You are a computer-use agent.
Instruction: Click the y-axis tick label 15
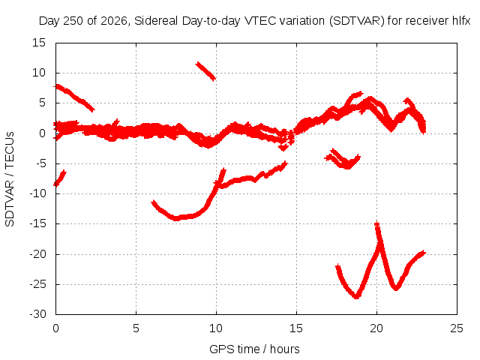pyautogui.click(x=39, y=43)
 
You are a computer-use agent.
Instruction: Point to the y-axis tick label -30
pyautogui.click(x=37, y=314)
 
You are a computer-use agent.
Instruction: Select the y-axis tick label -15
pyautogui.click(x=37, y=223)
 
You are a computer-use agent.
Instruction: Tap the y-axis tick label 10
pyautogui.click(x=39, y=73)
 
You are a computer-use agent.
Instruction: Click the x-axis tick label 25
pyautogui.click(x=457, y=328)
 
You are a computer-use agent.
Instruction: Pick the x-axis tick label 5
pyautogui.click(x=136, y=328)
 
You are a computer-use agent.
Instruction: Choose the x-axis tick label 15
pyautogui.click(x=296, y=328)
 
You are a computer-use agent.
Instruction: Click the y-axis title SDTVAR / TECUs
pyautogui.click(x=10, y=179)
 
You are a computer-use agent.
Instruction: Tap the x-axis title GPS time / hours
pyautogui.click(x=254, y=349)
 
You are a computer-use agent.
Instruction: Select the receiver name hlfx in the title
pyautogui.click(x=461, y=21)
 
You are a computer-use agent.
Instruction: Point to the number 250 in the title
pyautogui.click(x=73, y=21)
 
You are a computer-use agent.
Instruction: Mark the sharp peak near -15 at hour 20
pyautogui.click(x=377, y=224)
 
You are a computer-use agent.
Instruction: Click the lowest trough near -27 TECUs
pyautogui.click(x=356, y=296)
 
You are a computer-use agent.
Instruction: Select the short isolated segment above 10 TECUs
pyautogui.click(x=205, y=70)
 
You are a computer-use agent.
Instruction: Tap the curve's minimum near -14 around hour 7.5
pyautogui.click(x=176, y=218)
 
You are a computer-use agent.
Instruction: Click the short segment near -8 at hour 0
pyautogui.click(x=60, y=178)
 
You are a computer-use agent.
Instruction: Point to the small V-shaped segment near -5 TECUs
pyautogui.click(x=343, y=159)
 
